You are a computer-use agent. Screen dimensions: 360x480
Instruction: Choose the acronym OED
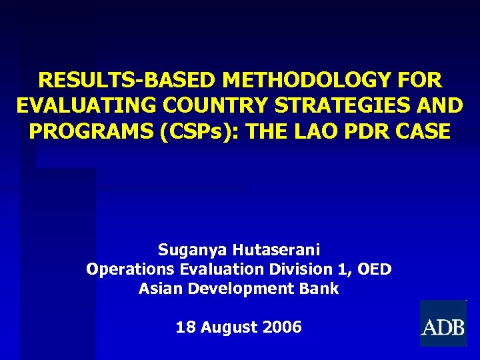tap(374, 269)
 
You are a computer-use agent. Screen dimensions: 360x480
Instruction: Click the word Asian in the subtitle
tap(161, 289)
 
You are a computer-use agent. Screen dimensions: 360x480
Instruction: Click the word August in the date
tap(229, 327)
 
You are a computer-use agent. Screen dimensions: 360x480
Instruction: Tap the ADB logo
tap(442, 324)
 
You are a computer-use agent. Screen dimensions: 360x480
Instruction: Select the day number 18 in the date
tap(184, 327)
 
